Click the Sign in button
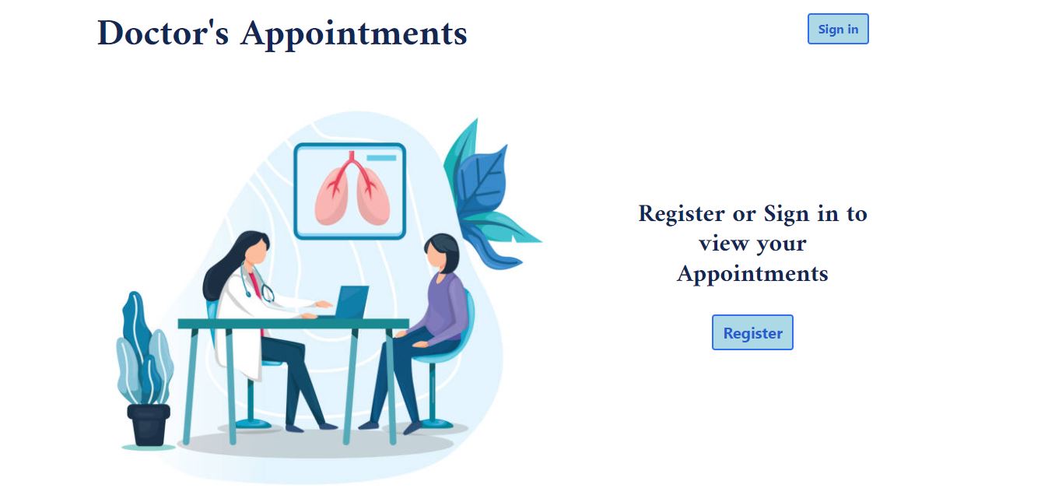(x=838, y=29)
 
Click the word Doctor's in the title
(x=163, y=33)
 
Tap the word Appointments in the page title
(x=353, y=33)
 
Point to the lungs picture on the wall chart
(x=351, y=191)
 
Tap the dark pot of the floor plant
(x=148, y=424)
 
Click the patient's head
(x=440, y=253)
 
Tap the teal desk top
(x=293, y=323)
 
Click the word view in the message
(x=721, y=244)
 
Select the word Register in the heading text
(x=681, y=213)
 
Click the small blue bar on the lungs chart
(x=381, y=158)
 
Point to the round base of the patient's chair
(x=435, y=423)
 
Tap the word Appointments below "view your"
(x=752, y=274)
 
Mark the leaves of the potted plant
(x=145, y=350)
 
